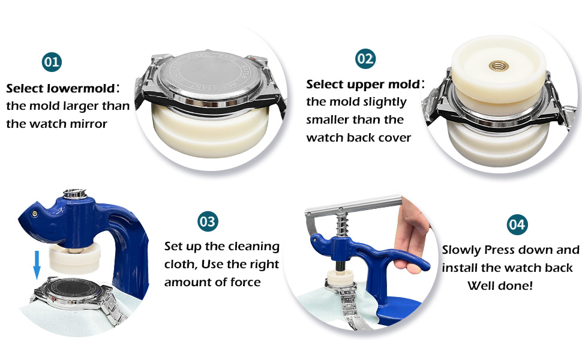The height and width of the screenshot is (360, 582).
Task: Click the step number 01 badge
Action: click(x=52, y=62)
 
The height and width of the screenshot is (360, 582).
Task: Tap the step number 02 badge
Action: click(x=365, y=59)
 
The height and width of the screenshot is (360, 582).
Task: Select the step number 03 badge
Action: click(x=208, y=221)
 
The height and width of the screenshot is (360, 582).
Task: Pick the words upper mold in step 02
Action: click(x=387, y=84)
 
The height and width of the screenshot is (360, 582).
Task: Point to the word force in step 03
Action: click(x=244, y=282)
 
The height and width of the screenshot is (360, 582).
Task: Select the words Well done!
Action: click(x=500, y=286)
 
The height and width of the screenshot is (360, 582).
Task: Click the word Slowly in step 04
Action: click(x=462, y=250)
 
